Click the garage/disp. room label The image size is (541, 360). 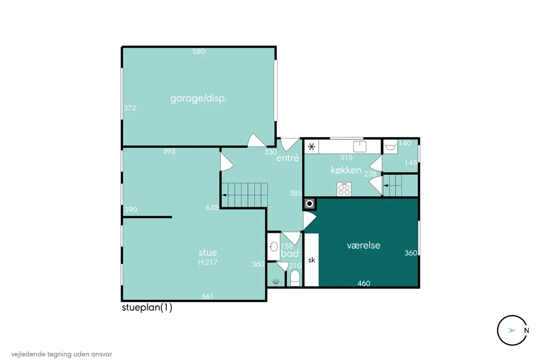tap(199, 99)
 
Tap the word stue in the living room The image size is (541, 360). tap(208, 252)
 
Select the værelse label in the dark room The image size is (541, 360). tap(363, 245)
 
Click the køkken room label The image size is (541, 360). tap(346, 169)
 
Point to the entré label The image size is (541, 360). tap(288, 158)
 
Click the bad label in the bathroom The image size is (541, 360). tap(290, 253)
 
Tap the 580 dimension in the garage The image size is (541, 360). tap(199, 51)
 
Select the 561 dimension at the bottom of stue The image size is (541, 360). tap(207, 296)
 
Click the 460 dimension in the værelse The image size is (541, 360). tap(363, 283)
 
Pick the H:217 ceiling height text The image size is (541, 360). tap(208, 262)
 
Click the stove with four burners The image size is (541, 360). tap(344, 190)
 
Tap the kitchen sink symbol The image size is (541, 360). tap(359, 146)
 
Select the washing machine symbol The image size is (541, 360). tap(390, 147)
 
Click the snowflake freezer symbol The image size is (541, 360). tap(312, 147)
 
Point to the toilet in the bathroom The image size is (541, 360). tap(295, 278)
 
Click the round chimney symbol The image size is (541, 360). tap(310, 204)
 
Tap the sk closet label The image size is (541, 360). tap(312, 260)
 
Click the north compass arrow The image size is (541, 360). tap(511, 330)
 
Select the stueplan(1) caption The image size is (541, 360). tap(147, 307)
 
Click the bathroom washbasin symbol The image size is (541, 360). tap(274, 247)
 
